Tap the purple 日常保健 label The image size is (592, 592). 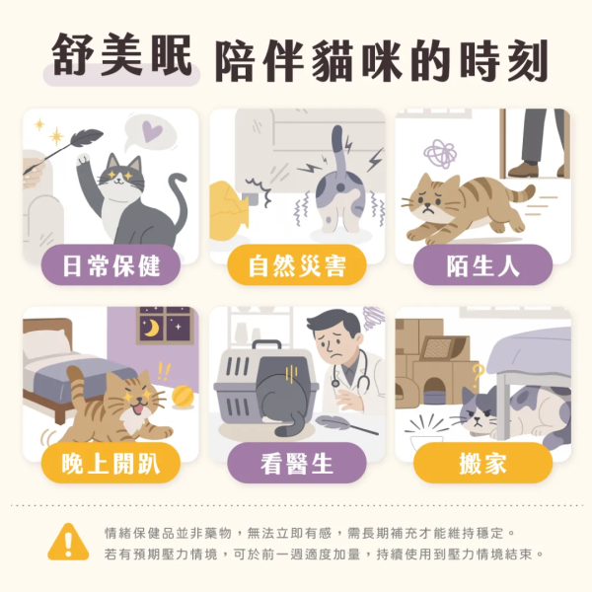110,264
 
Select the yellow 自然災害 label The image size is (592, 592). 296,264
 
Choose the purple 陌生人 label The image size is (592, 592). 482,264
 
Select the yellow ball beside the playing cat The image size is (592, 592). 183,396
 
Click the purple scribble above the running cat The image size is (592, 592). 438,151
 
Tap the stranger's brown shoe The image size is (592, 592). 522,170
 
